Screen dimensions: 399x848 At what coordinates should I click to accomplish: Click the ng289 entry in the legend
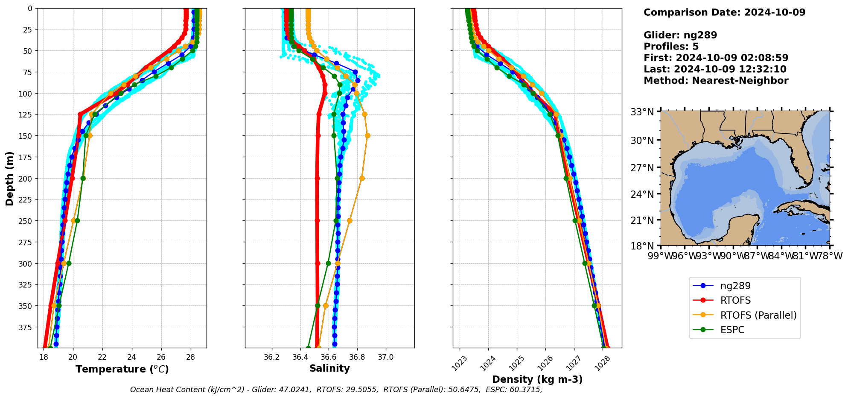tap(735, 286)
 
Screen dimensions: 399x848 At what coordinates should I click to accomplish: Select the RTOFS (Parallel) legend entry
tap(758, 315)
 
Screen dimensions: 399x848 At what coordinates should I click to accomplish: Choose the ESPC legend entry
tap(732, 330)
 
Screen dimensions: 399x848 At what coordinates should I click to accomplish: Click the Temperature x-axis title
tap(122, 369)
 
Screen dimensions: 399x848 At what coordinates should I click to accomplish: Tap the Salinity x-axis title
tap(329, 368)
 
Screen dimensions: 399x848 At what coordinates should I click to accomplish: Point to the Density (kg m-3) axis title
tap(537, 379)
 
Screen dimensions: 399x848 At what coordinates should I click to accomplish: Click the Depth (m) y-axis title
tap(9, 178)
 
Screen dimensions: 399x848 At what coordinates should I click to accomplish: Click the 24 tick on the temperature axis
tap(132, 357)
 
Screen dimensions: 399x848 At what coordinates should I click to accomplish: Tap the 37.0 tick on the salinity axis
tap(386, 357)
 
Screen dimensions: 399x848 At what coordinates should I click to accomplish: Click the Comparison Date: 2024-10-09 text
tap(724, 12)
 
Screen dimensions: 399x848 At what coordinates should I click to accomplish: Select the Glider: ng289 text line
tap(680, 35)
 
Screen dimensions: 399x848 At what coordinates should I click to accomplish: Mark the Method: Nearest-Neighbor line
tap(716, 80)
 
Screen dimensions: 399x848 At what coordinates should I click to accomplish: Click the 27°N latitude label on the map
tap(643, 167)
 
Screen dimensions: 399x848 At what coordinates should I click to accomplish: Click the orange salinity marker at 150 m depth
tap(367, 136)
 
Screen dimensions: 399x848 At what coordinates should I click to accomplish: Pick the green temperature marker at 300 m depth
tap(69, 263)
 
